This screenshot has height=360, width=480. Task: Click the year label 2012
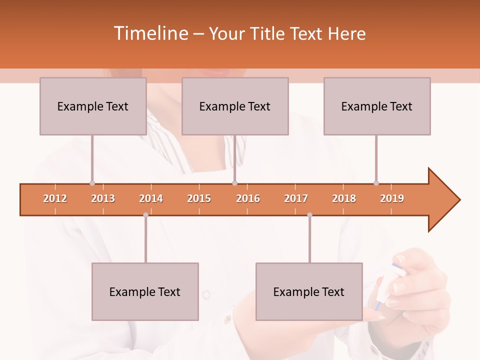coord(55,198)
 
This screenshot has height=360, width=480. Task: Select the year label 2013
coord(103,198)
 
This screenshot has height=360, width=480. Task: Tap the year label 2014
coord(151,198)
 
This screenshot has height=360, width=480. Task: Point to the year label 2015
coord(199,198)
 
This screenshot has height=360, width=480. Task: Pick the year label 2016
coord(248,198)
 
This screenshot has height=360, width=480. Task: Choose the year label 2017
coord(296,198)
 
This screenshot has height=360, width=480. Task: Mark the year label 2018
coord(344,198)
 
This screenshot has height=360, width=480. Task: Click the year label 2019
coord(392,198)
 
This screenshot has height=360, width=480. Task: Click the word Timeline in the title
coord(150,33)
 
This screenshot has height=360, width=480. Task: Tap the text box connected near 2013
coord(93,106)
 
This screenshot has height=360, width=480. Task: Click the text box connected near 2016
coord(235,106)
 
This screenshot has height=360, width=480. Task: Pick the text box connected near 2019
coord(377,106)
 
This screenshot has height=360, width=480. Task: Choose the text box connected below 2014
coord(145,291)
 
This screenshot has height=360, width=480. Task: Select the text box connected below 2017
coord(309,291)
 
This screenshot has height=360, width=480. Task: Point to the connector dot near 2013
coord(92,183)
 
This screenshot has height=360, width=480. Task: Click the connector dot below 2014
coord(145,215)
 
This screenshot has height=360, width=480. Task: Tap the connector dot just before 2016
coord(235,183)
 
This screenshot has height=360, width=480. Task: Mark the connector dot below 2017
coord(309,215)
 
